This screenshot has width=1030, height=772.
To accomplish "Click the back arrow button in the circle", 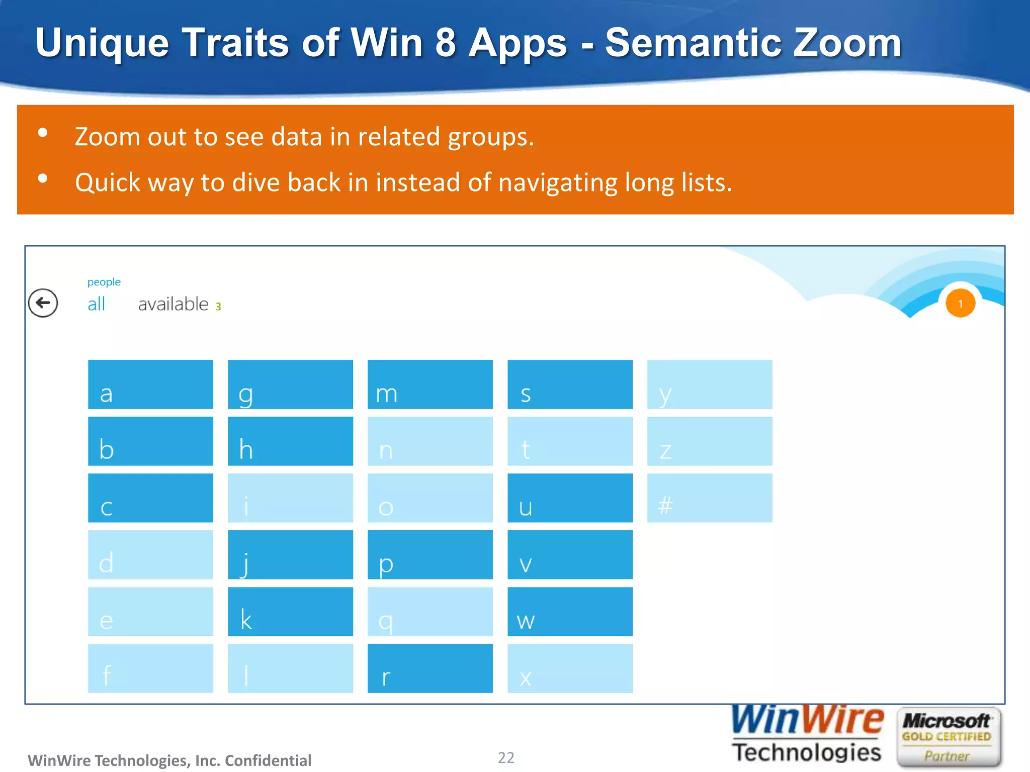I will pyautogui.click(x=43, y=303).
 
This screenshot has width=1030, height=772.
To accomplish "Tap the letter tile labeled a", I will pyautogui.click(x=150, y=384).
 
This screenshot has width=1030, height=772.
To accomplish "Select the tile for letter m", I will pyautogui.click(x=430, y=384).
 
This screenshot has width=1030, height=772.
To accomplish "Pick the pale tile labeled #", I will pyautogui.click(x=709, y=498).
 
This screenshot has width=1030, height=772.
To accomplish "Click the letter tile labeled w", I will pyautogui.click(x=570, y=612).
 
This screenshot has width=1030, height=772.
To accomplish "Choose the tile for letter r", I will pyautogui.click(x=430, y=668).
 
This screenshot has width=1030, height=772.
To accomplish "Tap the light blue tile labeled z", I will pyautogui.click(x=709, y=441).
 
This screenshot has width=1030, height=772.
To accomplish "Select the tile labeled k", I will pyautogui.click(x=290, y=612).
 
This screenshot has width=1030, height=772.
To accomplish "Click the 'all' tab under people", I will pyautogui.click(x=96, y=304).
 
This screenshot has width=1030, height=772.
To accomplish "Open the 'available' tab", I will pyautogui.click(x=173, y=304).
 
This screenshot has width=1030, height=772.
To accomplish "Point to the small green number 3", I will pyautogui.click(x=218, y=307).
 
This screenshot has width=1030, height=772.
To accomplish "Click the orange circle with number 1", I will pyautogui.click(x=960, y=304).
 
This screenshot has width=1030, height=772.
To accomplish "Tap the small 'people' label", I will pyautogui.click(x=104, y=282).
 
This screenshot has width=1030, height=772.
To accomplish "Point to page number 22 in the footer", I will pyautogui.click(x=506, y=757).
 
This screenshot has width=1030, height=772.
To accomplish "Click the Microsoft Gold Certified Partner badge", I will pyautogui.click(x=948, y=737).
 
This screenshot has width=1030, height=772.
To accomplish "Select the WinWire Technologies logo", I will pyautogui.click(x=807, y=734).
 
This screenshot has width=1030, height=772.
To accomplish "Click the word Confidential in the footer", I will pyautogui.click(x=268, y=760).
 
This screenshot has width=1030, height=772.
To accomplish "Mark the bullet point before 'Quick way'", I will pyautogui.click(x=43, y=178).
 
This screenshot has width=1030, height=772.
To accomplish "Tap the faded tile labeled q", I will pyautogui.click(x=430, y=612).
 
